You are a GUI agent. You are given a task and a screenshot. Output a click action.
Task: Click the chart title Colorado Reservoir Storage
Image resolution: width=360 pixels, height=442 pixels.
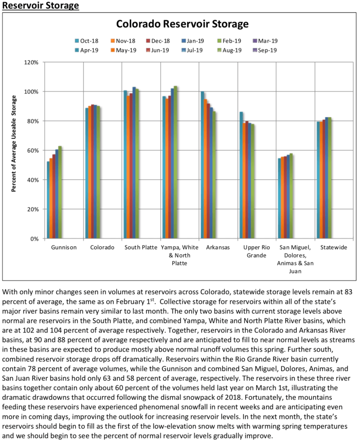click(x=182, y=24)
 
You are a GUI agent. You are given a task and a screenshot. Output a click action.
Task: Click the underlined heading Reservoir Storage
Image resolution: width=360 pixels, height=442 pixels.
click(x=41, y=6)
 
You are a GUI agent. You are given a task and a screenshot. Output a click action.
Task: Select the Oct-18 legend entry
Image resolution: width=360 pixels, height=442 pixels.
click(x=85, y=41)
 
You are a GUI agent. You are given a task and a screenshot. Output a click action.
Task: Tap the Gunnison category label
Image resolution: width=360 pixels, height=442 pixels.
click(x=64, y=248)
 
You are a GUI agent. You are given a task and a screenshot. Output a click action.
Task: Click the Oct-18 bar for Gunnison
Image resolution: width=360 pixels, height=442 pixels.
click(x=48, y=200)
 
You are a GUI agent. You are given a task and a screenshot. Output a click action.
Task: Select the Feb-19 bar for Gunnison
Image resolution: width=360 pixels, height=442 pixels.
click(x=60, y=193)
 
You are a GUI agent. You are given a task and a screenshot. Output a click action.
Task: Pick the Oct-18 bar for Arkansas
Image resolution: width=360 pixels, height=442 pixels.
click(x=203, y=165)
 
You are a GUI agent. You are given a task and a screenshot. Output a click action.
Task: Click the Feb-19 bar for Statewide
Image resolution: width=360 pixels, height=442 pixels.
click(x=330, y=178)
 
